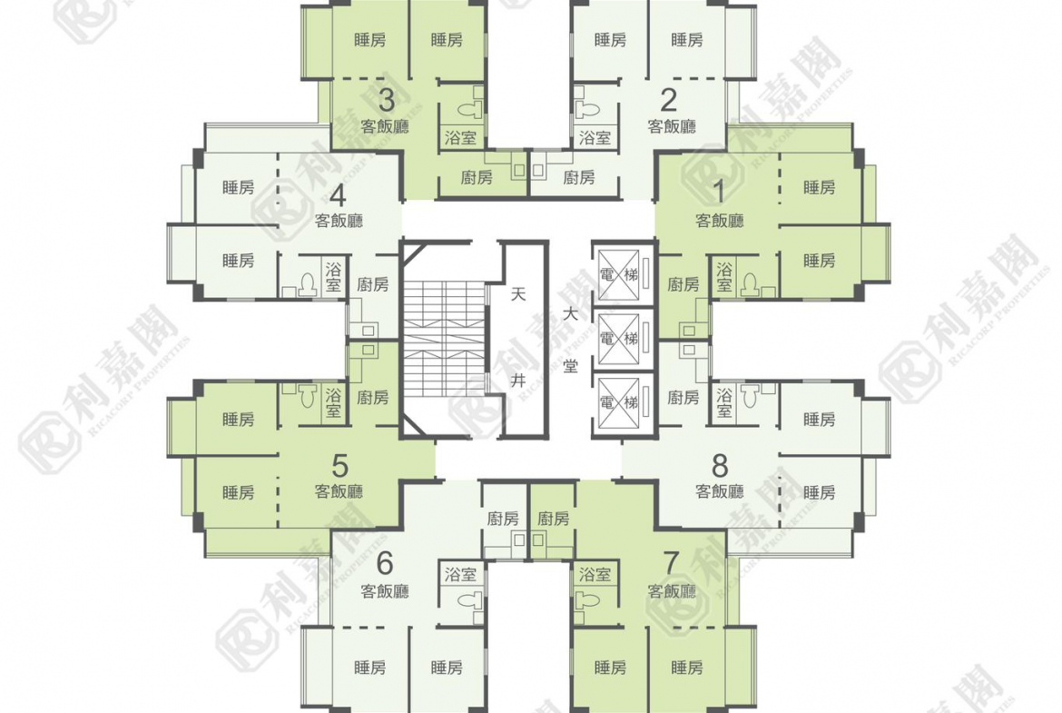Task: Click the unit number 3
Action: (386, 100)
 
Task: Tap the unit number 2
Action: (668, 100)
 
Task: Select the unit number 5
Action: (340, 466)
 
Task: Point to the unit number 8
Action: (719, 466)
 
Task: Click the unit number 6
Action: (385, 562)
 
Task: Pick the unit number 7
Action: (671, 562)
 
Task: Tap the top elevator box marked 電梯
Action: (619, 274)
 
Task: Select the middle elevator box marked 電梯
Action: (619, 338)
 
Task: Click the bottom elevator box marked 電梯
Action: (619, 402)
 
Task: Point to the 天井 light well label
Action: (518, 338)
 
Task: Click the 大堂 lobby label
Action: (571, 341)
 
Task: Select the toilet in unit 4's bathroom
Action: (309, 284)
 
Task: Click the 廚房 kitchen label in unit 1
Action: (683, 284)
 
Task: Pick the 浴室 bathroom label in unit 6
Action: (460, 575)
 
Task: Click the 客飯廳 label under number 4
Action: (339, 221)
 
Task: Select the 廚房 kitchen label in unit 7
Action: (554, 520)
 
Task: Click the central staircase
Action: (444, 339)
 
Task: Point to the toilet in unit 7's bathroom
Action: (586, 600)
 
